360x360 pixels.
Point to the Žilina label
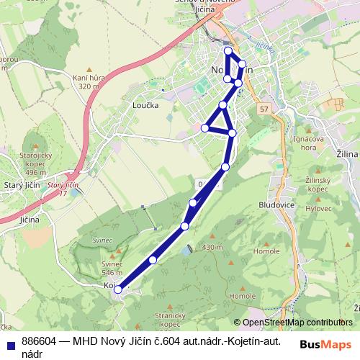coord(347,154)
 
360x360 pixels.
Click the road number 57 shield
coord(264,109)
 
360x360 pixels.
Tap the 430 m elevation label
coord(213,248)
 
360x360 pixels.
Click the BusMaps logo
coord(325,343)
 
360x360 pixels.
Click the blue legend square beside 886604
coord(9,343)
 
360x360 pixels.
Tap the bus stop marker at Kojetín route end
coord(117,289)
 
